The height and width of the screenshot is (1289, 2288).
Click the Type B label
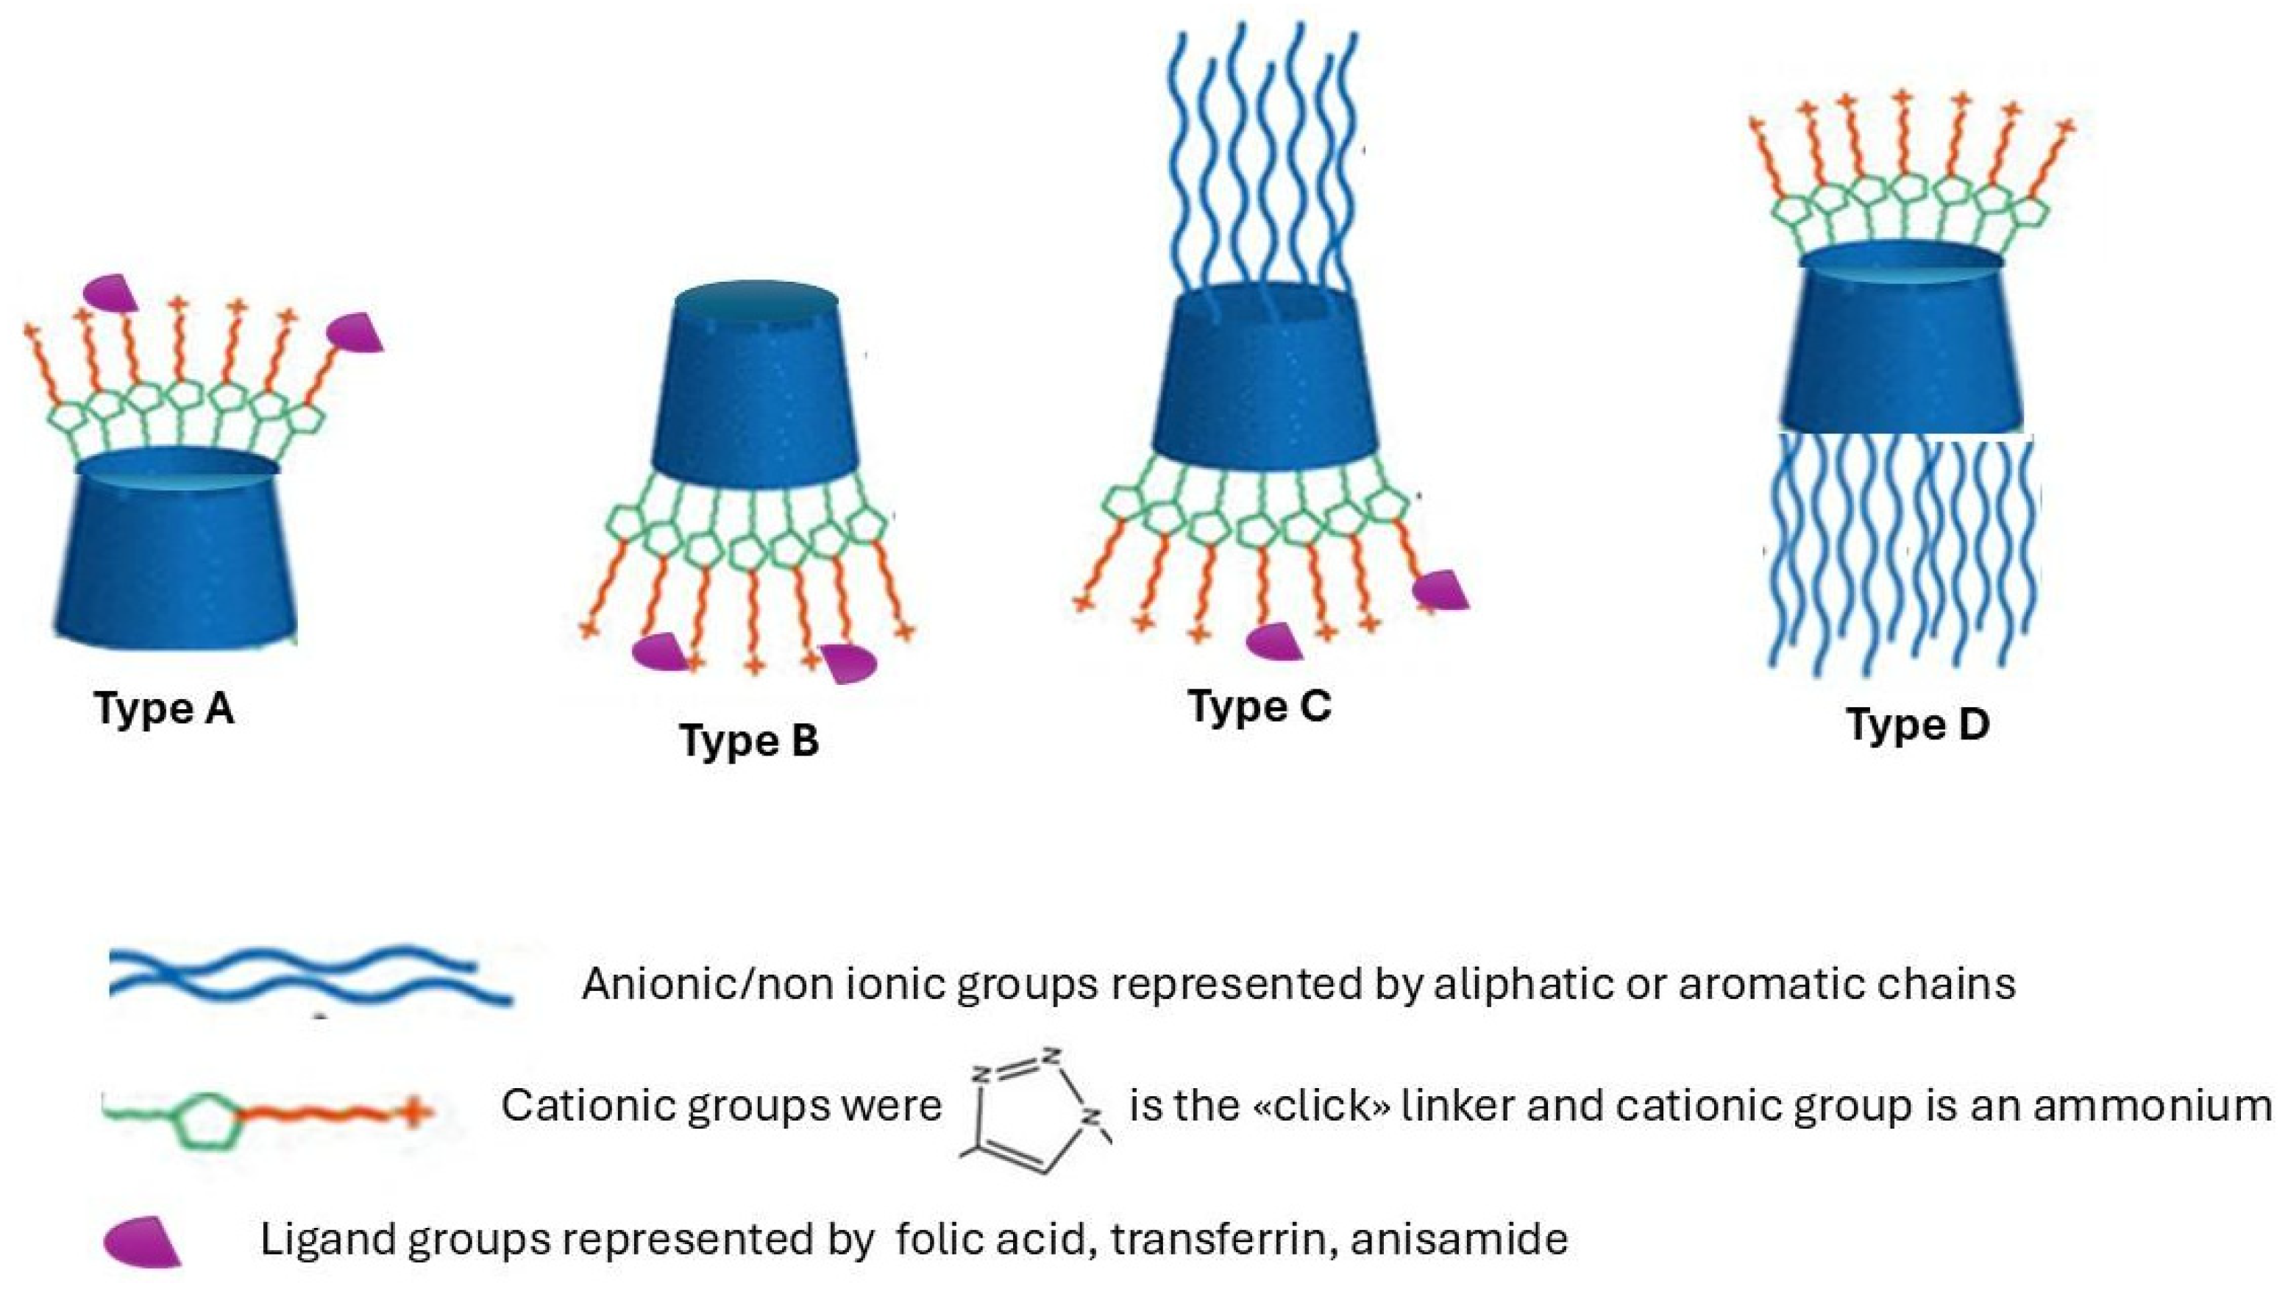click(749, 741)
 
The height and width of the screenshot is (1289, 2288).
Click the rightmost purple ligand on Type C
click(1440, 590)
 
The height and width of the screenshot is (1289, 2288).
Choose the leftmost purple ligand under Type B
click(661, 652)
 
